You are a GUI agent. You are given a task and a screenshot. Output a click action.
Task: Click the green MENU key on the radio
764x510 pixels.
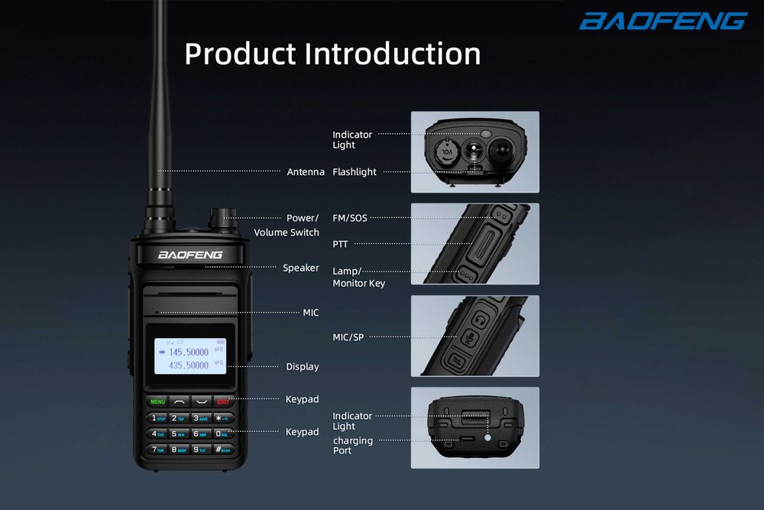coord(158,401)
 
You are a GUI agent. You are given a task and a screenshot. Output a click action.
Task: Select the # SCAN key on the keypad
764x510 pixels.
coord(222,449)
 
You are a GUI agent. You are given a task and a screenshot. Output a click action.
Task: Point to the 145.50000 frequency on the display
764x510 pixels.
coord(188,352)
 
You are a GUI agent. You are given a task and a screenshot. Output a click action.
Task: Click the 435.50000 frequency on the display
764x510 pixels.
coord(188,365)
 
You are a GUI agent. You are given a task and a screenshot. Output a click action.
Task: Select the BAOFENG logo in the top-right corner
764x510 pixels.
coord(662,21)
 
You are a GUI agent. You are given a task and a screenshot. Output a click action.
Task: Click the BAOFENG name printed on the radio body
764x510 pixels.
coord(190,255)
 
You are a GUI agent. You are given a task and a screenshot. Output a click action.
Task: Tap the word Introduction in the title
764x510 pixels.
coord(393,54)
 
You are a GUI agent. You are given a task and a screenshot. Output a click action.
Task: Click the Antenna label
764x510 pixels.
coord(306,172)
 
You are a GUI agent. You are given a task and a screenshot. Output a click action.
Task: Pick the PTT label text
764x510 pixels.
coord(341,245)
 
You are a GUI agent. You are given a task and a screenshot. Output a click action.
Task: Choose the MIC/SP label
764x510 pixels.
coord(348,337)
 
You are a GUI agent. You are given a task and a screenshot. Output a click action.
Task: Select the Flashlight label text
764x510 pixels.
coord(354,172)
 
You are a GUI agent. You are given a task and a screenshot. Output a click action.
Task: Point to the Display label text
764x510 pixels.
coord(303,366)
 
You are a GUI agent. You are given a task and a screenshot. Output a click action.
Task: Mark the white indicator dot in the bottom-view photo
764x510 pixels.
coord(487,437)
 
